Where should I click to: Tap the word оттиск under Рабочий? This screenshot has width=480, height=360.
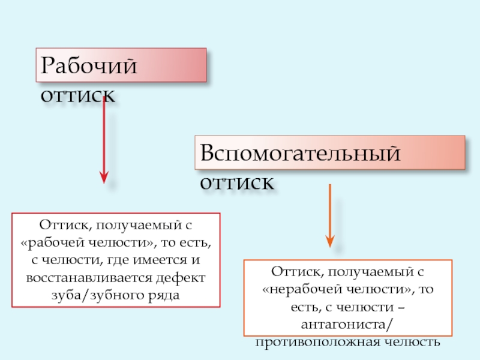click(x=78, y=96)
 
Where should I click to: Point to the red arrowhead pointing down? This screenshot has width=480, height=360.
click(x=104, y=177)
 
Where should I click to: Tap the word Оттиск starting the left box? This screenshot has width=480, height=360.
click(x=61, y=226)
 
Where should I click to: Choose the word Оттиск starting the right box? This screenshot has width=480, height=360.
click(x=292, y=272)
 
